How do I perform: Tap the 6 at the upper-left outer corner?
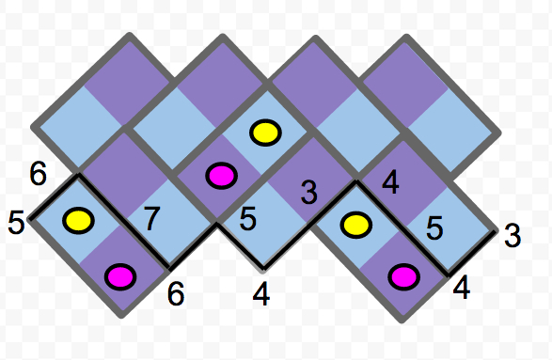click(38, 173)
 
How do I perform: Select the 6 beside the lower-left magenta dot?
click(175, 293)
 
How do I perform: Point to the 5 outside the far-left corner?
click(15, 224)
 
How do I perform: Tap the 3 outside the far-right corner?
click(513, 235)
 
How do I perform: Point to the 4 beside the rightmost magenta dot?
click(461, 285)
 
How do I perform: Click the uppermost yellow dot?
click(264, 133)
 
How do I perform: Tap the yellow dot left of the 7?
click(79, 221)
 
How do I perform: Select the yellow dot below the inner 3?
click(355, 226)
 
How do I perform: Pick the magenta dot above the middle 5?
click(220, 175)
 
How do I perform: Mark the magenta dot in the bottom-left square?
click(121, 276)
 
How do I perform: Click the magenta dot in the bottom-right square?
click(403, 275)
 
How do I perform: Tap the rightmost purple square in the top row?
click(402, 78)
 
